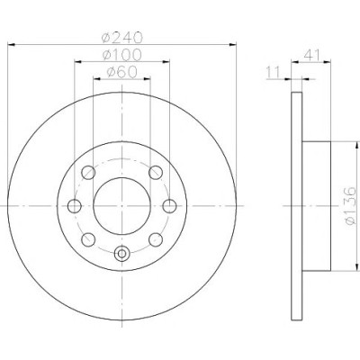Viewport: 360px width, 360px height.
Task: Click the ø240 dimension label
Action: click(x=122, y=38)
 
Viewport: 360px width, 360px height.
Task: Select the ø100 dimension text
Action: click(x=121, y=55)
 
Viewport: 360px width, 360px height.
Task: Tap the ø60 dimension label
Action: click(x=121, y=72)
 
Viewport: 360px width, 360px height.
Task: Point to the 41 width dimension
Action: click(x=312, y=55)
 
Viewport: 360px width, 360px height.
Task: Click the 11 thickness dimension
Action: click(x=273, y=72)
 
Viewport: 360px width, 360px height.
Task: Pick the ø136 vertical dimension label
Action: click(x=349, y=205)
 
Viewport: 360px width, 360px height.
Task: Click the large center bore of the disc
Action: click(x=121, y=206)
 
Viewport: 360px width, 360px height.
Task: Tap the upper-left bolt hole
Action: click(x=88, y=173)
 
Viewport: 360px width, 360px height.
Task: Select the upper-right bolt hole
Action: click(x=156, y=173)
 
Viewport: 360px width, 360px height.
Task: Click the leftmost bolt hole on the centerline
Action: click(x=75, y=206)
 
